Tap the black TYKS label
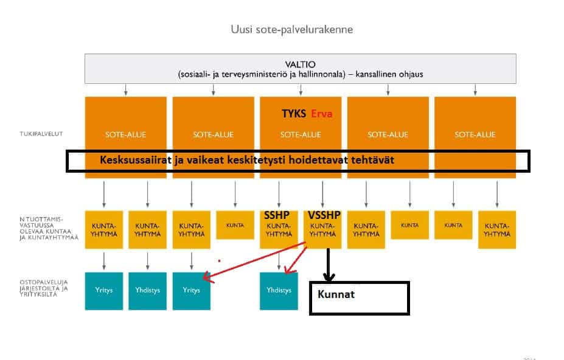click(294, 114)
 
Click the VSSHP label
click(324, 215)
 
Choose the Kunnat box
click(359, 297)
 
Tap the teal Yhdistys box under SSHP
click(279, 291)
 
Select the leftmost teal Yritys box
click(104, 291)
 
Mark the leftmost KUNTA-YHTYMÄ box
click(104, 229)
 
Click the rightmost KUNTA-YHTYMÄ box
click(497, 229)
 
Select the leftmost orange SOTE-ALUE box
click(126, 134)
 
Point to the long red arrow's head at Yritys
click(205, 279)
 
